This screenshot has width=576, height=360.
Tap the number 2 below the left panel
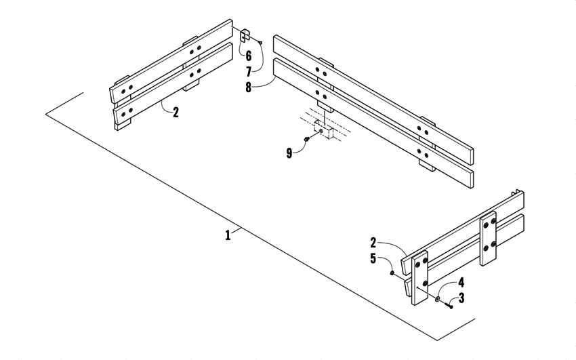click(x=176, y=113)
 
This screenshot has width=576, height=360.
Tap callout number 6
click(x=248, y=56)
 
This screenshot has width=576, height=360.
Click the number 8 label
click(x=249, y=88)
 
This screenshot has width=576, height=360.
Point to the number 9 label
click(x=289, y=154)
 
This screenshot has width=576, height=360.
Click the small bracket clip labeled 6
click(x=246, y=36)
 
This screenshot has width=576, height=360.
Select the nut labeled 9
click(x=307, y=139)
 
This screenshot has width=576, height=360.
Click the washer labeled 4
click(x=438, y=299)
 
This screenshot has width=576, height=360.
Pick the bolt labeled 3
click(x=449, y=306)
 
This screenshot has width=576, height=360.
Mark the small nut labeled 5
click(x=392, y=273)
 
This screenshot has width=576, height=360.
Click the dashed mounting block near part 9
click(x=324, y=128)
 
